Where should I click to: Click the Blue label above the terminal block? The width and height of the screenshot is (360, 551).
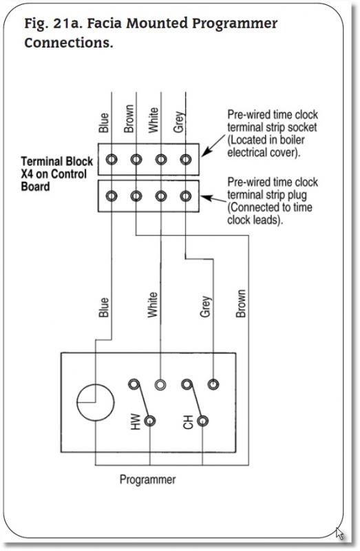104,123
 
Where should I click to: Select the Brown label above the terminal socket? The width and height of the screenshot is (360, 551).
129,118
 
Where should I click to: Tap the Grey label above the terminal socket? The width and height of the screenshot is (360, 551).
179,122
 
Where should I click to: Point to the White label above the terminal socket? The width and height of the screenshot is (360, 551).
153,120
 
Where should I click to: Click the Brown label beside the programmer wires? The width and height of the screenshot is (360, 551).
241,304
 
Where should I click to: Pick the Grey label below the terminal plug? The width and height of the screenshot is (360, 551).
206,306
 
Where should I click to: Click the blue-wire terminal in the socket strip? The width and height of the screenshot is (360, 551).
112,160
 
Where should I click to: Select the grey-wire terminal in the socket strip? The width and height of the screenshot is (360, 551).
186,160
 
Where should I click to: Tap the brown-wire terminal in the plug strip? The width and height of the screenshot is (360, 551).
136,196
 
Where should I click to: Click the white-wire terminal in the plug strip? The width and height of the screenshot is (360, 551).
161,196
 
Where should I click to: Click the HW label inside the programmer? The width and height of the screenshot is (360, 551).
135,422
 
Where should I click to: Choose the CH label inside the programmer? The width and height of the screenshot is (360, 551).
188,422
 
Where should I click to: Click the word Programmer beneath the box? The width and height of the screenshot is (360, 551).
147,480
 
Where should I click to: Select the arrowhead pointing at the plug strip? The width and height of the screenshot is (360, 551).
207,198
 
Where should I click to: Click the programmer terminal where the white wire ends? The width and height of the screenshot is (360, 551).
160,384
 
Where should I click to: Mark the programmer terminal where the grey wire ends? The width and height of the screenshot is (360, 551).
213,384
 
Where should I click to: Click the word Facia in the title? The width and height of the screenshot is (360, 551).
104,23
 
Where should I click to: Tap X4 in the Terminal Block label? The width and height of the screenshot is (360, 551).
28,174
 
